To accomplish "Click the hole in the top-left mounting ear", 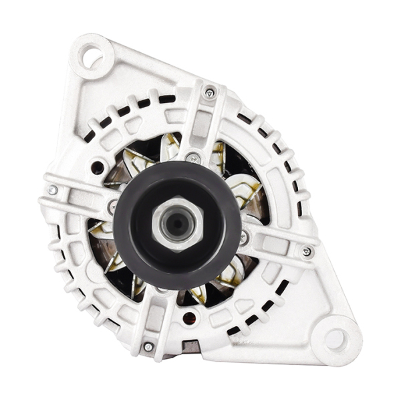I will (90, 54).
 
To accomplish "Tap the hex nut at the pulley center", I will (176, 225).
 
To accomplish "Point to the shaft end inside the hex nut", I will (177, 225).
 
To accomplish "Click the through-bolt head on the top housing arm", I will (210, 93).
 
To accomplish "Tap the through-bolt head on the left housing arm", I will (53, 190).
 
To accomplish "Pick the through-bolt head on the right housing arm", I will (307, 252).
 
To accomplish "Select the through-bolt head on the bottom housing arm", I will (148, 347).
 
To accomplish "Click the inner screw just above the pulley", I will (193, 158).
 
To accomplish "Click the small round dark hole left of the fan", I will (98, 167).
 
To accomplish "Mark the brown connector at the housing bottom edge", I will (191, 346).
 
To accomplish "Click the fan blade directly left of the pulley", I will (102, 231).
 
